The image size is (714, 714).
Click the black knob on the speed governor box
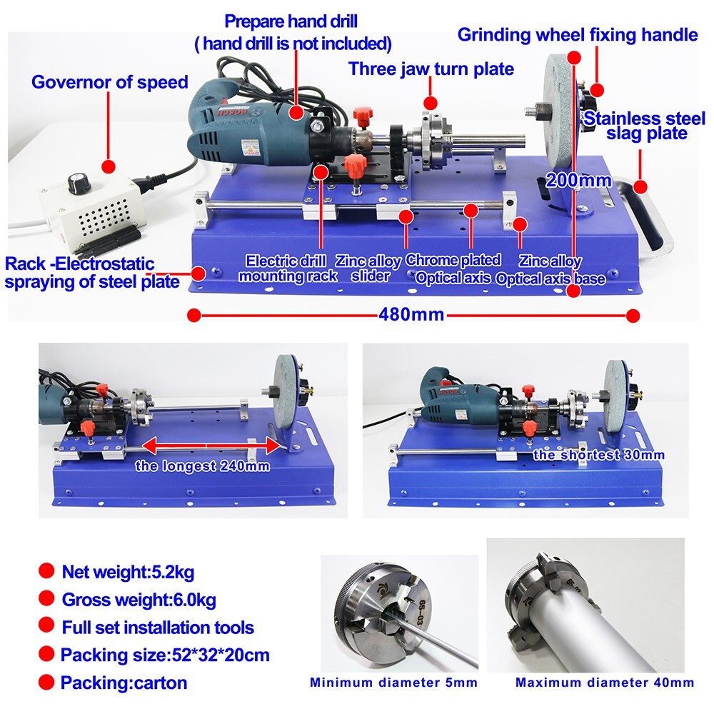(74, 183)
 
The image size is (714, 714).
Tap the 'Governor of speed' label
(109, 82)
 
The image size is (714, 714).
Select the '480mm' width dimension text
(412, 314)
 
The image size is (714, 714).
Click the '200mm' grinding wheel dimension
(578, 181)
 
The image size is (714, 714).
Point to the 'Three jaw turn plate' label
(431, 69)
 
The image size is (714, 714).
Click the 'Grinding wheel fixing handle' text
(577, 34)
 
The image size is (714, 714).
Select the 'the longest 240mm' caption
(203, 466)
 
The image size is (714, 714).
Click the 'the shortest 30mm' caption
(598, 455)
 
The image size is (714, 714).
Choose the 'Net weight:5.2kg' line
(128, 572)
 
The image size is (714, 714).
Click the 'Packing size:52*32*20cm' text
(165, 655)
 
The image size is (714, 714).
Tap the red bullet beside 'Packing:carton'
(46, 681)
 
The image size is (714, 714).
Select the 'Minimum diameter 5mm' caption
(393, 683)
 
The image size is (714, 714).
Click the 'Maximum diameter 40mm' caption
(604, 683)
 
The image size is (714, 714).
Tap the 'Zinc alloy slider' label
(368, 268)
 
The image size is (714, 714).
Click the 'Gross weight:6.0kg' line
(139, 599)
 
